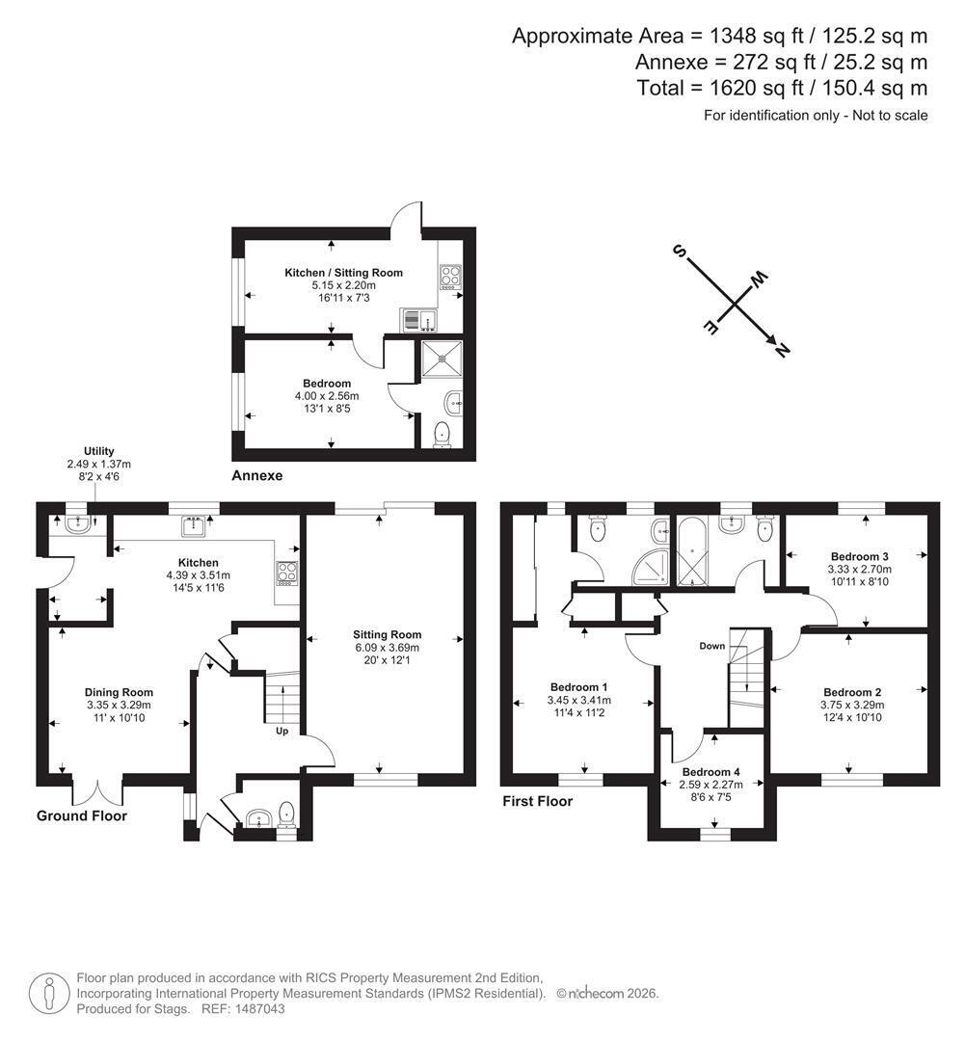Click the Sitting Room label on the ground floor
[387, 634]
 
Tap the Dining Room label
[119, 692]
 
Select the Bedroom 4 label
[710, 772]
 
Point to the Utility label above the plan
[99, 451]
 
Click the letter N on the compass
[782, 349]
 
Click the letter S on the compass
[679, 251]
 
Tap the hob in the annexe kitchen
[449, 277]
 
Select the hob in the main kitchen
[287, 573]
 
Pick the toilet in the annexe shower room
[442, 436]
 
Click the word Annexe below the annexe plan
[257, 476]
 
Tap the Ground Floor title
[82, 816]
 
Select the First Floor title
[537, 801]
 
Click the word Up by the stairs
[282, 731]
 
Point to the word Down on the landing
[712, 646]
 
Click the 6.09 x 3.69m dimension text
[387, 648]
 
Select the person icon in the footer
[50, 994]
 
